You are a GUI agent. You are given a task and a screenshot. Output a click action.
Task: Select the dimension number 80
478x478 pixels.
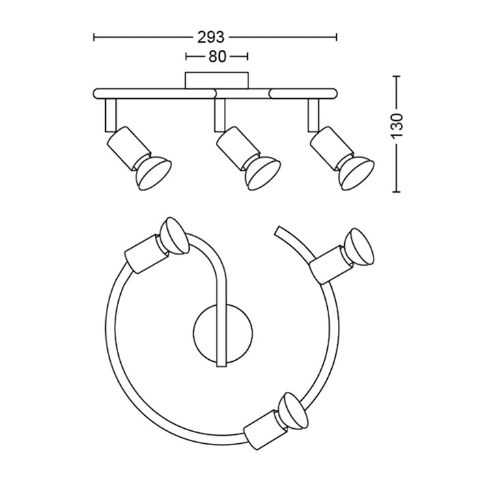pos(216,57)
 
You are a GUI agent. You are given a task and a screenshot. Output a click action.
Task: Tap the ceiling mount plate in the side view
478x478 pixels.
pos(216,79)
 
